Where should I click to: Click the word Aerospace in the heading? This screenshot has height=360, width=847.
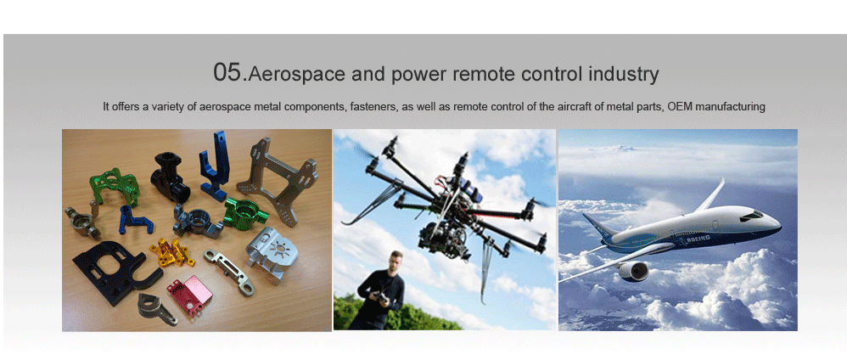[x=296, y=74]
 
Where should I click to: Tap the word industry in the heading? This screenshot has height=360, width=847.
[x=623, y=74]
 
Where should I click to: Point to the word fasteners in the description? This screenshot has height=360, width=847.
[x=373, y=106]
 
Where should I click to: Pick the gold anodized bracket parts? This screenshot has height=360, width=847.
[x=172, y=252]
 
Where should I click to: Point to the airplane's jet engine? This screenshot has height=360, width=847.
[x=633, y=271]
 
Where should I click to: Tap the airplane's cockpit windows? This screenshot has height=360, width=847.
[x=751, y=217]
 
